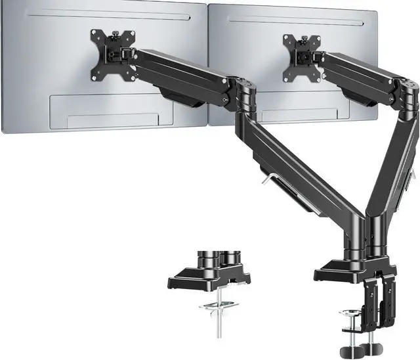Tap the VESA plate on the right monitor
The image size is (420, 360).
tap(301, 51)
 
